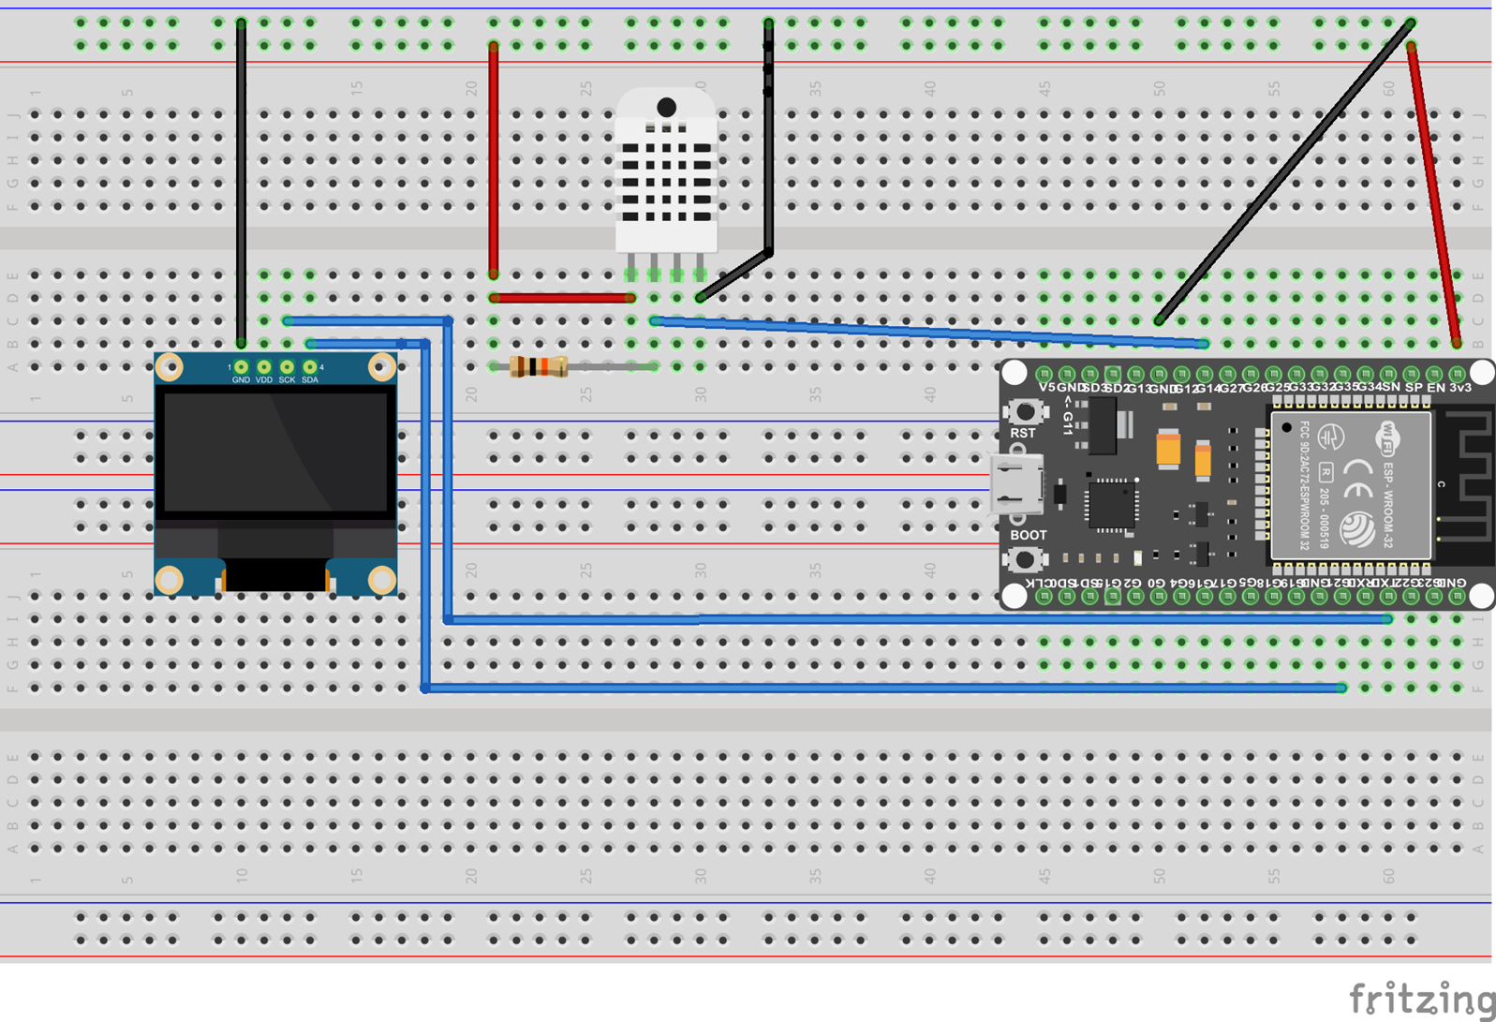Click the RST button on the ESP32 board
coord(1026,410)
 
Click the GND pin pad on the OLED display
coord(241,366)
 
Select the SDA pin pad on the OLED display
coord(310,366)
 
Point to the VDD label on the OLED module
coord(264,380)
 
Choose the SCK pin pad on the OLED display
coord(287,366)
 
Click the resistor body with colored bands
coord(539,366)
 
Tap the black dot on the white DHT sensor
coord(666,108)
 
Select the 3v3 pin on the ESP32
coord(1458,374)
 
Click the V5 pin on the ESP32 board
coord(1044,374)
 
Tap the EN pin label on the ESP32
coord(1435,387)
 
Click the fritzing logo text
coord(1421,999)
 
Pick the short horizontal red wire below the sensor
coord(562,298)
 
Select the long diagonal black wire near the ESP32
coord(1283,173)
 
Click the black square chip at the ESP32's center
coord(1111,505)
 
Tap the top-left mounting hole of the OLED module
coord(170,366)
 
